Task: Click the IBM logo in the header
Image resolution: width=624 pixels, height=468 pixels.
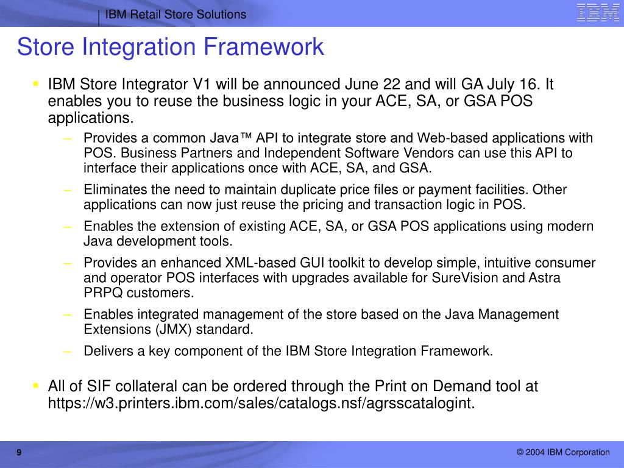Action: click(x=598, y=12)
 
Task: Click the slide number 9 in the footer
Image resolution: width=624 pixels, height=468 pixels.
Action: click(x=19, y=453)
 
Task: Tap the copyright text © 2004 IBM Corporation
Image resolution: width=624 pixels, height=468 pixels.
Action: click(x=563, y=453)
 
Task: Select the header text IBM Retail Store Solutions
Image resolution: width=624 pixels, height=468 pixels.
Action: click(x=175, y=15)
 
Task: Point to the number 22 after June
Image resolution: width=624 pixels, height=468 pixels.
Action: click(x=392, y=84)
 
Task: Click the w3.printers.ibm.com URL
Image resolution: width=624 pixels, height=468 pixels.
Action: click(x=261, y=403)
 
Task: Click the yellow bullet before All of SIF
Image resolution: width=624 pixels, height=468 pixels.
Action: click(x=36, y=385)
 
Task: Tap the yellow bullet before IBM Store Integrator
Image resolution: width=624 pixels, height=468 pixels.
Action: click(x=36, y=83)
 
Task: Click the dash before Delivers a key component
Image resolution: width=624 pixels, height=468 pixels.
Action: click(x=68, y=352)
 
